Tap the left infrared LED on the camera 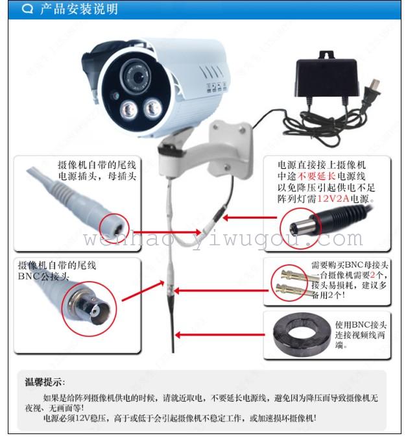pos(128,110)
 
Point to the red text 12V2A pos(333,199)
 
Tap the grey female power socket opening pos(115,228)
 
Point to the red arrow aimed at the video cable pos(220,335)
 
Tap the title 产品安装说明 pos(79,9)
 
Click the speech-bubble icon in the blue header pos(27,9)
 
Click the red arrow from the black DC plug pos(250,217)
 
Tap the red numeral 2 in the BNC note pos(372,275)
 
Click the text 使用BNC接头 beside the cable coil pos(361,325)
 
